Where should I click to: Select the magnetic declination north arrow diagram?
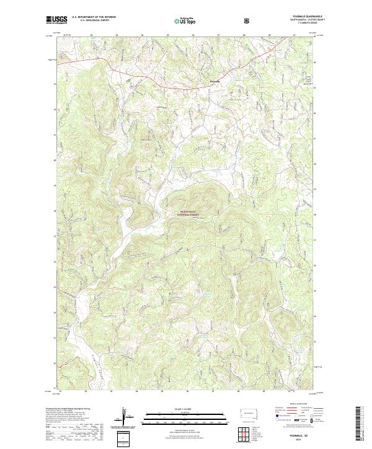click(x=128, y=418)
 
